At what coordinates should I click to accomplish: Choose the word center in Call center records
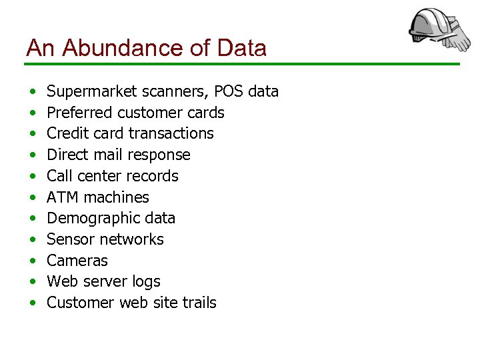point(101,176)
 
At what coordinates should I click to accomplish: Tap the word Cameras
point(77,261)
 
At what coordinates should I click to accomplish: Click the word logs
point(146,282)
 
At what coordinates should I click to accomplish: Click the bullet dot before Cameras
point(32,261)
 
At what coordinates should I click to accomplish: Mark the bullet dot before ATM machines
point(32,198)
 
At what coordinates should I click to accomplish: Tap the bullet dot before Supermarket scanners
point(32,92)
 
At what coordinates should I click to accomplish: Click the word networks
point(133,239)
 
